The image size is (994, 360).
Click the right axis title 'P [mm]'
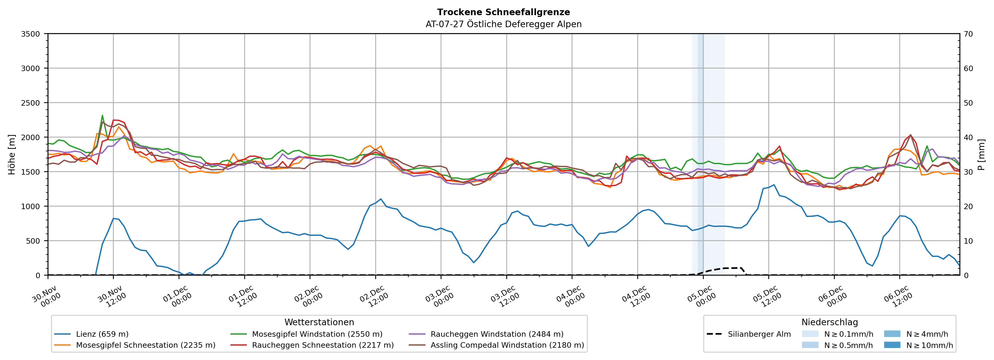[981, 154]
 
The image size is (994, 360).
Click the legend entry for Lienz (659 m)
[102, 334]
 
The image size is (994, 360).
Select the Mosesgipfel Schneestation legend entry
[145, 345]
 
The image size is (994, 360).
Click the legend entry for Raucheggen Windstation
[497, 334]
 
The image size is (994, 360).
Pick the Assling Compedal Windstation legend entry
[507, 345]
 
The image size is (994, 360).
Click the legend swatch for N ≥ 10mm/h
[892, 345]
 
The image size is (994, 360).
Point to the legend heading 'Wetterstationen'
[319, 322]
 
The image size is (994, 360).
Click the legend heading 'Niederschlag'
[830, 322]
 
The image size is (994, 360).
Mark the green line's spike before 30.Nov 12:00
[102, 115]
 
